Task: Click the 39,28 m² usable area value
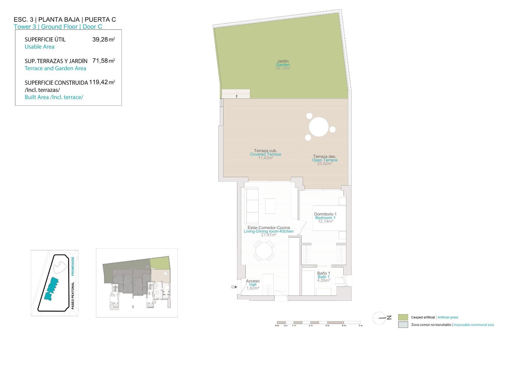click(103, 39)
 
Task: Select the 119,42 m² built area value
click(102, 82)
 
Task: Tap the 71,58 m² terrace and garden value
click(103, 61)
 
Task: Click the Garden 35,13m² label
click(283, 65)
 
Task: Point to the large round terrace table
click(318, 127)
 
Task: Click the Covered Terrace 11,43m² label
click(265, 154)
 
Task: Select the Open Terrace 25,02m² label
click(324, 160)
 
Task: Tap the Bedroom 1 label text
click(325, 218)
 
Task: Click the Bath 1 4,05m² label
click(324, 277)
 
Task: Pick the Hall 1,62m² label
click(253, 285)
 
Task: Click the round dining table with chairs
click(264, 251)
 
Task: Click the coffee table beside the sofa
click(270, 206)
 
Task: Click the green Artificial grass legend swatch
click(403, 317)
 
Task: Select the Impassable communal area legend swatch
click(403, 325)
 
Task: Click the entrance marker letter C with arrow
click(234, 287)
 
